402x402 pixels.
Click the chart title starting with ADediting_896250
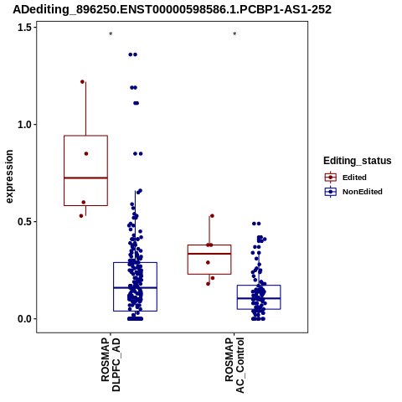172,9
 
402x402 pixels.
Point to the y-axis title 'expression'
9,177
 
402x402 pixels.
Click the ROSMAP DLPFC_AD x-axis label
111,364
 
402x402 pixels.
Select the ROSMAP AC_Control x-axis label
234,365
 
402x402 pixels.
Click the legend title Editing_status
358,161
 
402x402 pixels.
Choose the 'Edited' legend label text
354,178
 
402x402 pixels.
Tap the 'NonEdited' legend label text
363,192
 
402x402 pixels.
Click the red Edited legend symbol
331,178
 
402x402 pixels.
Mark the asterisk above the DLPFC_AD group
111,34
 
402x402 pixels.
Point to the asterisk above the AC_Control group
234,34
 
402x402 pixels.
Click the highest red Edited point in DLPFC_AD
82,82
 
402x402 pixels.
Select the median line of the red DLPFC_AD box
85,178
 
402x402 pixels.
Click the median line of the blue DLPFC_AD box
135,287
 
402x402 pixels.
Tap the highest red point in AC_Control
212,216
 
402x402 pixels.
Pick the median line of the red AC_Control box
209,254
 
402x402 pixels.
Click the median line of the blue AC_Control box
259,298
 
